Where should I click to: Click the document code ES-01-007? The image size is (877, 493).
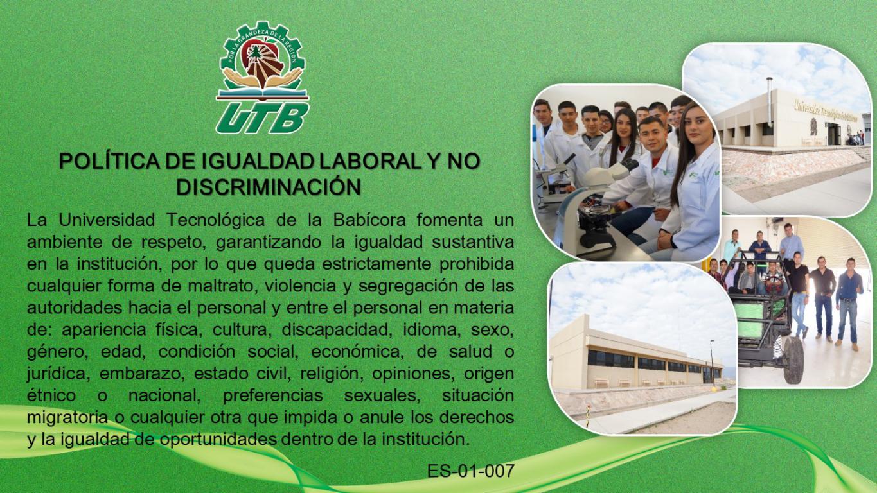[470, 471]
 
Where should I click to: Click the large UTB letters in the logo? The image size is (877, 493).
[262, 117]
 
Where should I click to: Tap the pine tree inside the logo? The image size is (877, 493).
[255, 53]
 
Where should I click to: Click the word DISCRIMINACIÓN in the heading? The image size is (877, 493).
[269, 187]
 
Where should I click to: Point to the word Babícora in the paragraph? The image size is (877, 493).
[369, 220]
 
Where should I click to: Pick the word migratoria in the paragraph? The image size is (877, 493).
[67, 417]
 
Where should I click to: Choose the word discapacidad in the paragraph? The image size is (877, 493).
[337, 330]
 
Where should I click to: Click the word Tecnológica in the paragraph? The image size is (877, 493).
[216, 220]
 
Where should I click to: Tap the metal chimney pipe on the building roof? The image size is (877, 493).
[769, 101]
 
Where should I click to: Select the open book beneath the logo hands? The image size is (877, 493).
[262, 94]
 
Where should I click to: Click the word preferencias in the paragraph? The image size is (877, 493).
[273, 395]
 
